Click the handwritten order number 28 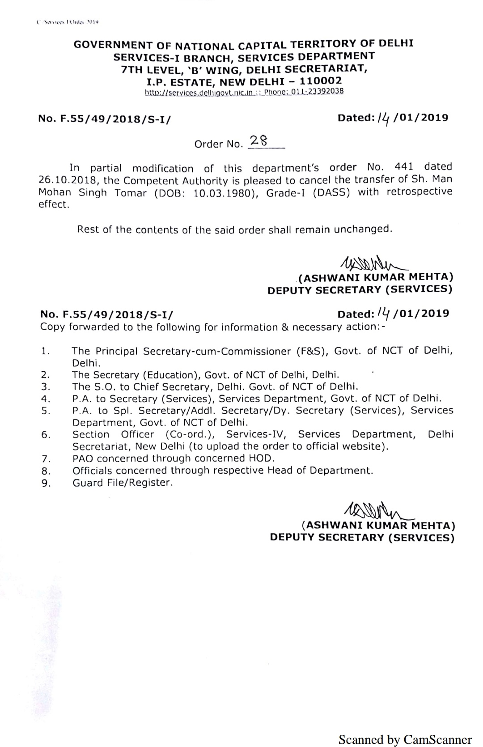[x=258, y=141]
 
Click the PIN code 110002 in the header [x=321, y=81]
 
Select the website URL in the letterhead [x=199, y=93]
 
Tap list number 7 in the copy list [x=45, y=458]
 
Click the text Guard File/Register [x=122, y=483]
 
